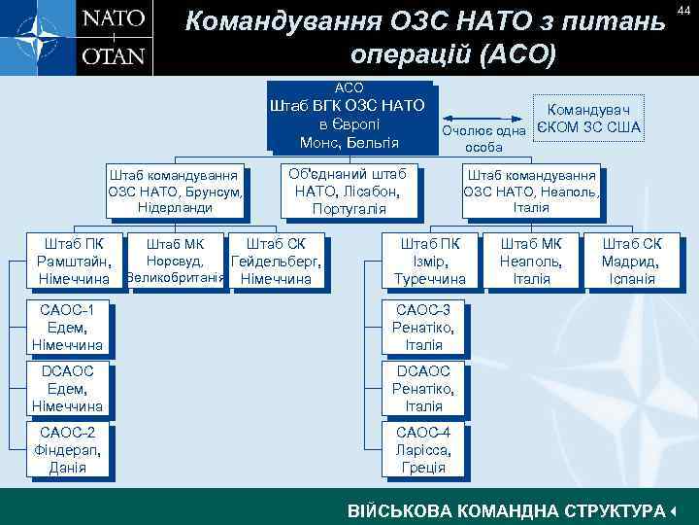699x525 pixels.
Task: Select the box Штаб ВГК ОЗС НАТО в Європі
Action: tap(350, 120)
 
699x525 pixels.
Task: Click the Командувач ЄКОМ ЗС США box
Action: tap(590, 119)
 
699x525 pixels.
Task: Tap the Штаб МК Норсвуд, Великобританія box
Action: tap(173, 261)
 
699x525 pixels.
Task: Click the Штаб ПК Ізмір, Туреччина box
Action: tap(430, 261)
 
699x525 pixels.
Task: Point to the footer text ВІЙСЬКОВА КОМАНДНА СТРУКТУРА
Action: tap(506, 510)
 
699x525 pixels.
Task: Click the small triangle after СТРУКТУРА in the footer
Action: tap(673, 510)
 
